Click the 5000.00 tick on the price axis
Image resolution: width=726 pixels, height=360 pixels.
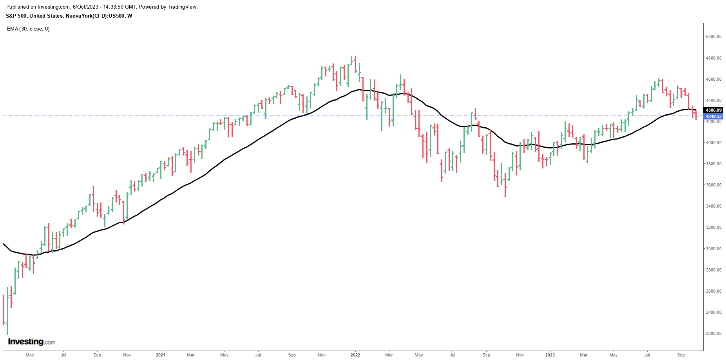tap(713, 37)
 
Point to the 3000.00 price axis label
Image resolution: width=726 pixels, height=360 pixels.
tap(713, 249)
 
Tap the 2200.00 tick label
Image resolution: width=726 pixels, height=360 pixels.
tap(713, 334)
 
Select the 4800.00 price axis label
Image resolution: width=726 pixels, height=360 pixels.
tap(713, 58)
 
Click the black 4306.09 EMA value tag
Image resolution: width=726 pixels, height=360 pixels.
tap(713, 110)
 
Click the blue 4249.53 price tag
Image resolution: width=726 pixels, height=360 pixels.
tap(713, 116)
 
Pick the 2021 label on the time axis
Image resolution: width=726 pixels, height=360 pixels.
tap(160, 355)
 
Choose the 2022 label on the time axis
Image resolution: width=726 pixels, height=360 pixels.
tap(355, 355)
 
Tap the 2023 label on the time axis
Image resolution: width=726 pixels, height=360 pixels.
tap(550, 355)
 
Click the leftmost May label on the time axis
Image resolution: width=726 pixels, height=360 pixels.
tap(30, 355)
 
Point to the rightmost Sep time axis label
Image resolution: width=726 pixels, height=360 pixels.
tap(681, 355)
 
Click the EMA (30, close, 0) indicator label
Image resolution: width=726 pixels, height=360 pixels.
tap(28, 29)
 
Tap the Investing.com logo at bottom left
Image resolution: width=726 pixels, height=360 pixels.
tap(32, 342)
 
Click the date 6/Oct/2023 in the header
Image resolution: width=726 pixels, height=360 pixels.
tap(86, 7)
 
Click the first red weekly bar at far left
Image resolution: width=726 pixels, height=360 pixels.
tap(4, 309)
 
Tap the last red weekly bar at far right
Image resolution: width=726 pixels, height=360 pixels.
tap(696, 115)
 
